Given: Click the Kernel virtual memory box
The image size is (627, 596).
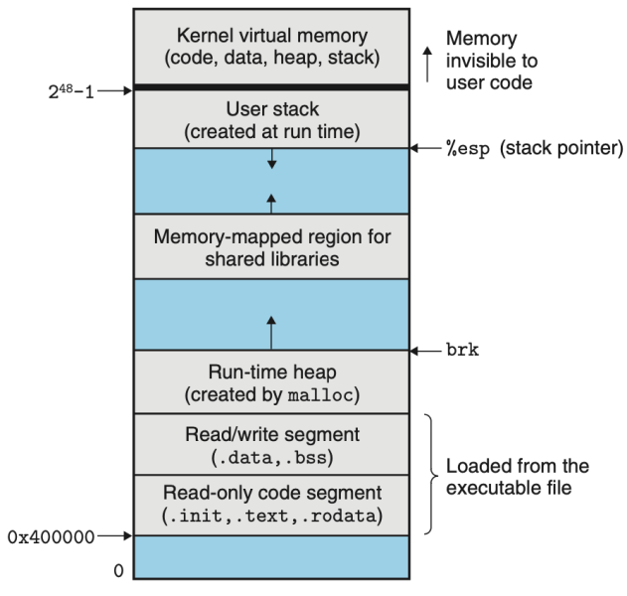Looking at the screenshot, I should (270, 46).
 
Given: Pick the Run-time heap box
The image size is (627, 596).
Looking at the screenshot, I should (270, 382).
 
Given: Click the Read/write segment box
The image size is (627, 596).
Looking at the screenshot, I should (270, 445).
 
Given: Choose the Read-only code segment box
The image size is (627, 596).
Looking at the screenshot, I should (270, 505).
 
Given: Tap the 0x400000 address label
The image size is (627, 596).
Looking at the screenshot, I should (51, 536).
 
